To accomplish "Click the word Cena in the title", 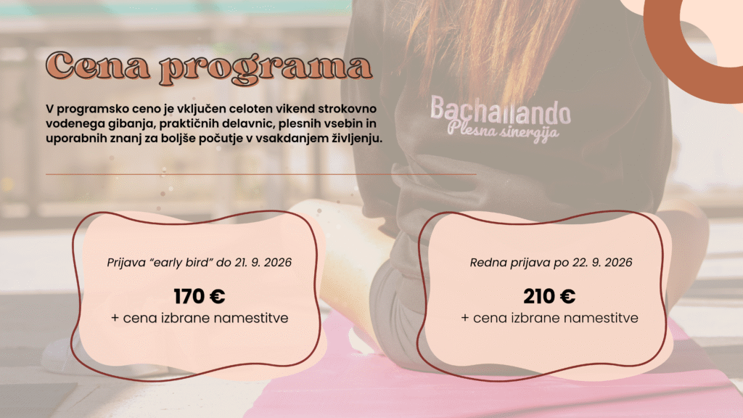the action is point(98,66).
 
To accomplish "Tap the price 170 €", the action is point(199,297).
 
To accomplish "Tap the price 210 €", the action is point(549,297).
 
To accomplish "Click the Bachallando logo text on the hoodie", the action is point(501,110).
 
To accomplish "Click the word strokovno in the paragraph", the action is point(347,109).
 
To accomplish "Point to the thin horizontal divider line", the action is point(260,174).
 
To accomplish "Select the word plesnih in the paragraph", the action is point(300,123).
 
